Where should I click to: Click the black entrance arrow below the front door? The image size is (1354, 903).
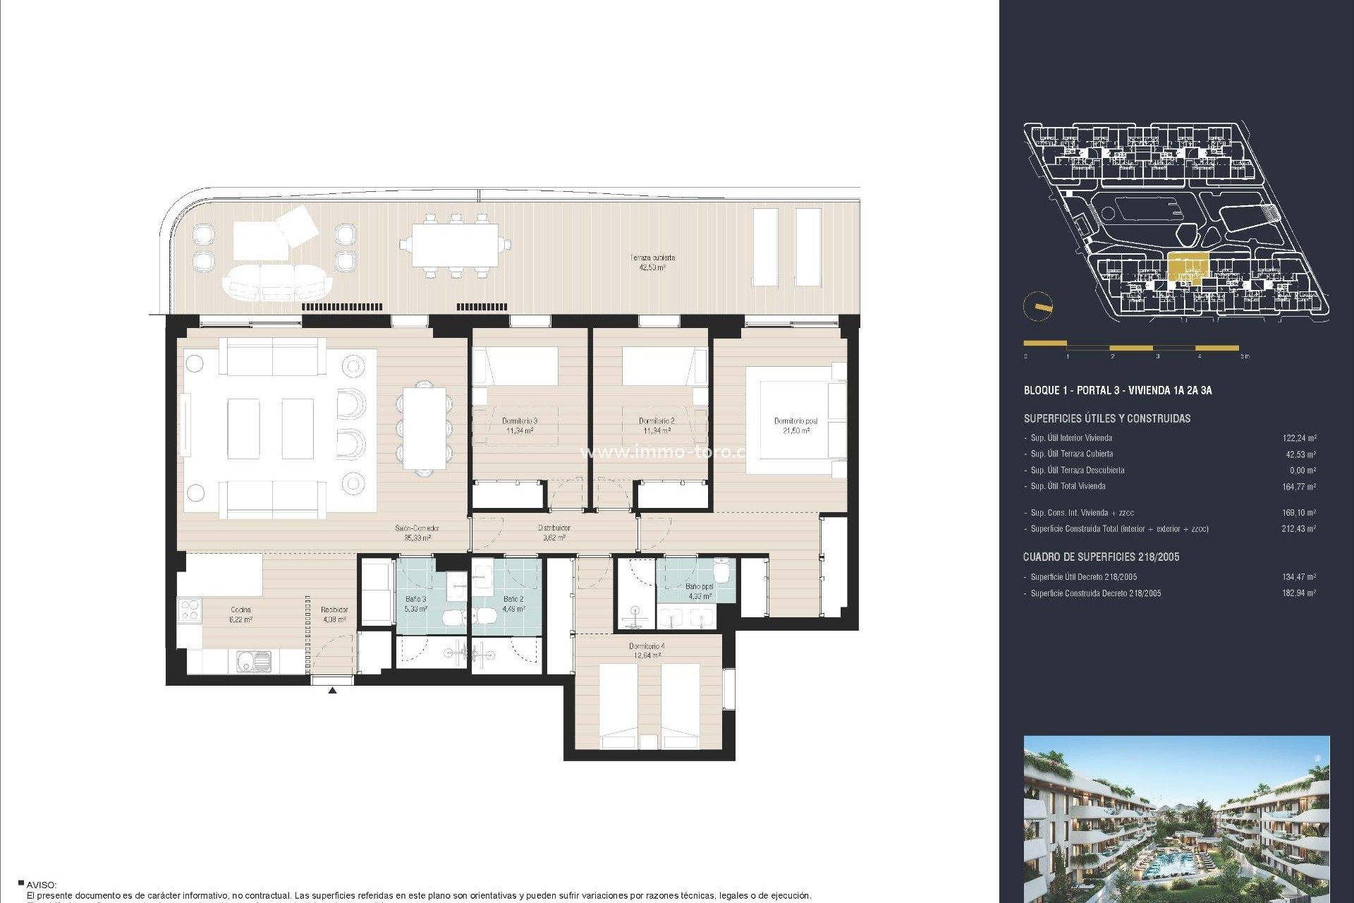click(332, 691)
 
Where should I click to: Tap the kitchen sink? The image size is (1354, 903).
click(252, 662)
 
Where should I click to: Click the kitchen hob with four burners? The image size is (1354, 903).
click(190, 610)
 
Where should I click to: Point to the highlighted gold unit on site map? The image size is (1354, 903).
click(1188, 268)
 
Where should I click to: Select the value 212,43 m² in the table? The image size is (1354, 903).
click(1298, 529)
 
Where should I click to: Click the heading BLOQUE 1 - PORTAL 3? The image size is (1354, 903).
click(1117, 390)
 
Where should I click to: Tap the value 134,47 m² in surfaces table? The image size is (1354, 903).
click(1298, 577)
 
